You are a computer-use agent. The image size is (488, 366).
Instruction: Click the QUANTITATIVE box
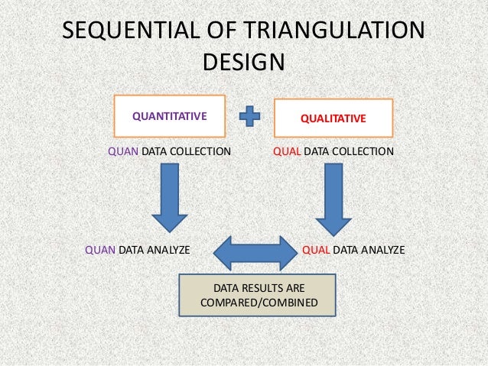pyautogui.click(x=169, y=117)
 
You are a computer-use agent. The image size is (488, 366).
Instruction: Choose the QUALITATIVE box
pyautogui.click(x=333, y=118)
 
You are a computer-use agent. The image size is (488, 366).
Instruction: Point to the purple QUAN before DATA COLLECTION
pyautogui.click(x=123, y=151)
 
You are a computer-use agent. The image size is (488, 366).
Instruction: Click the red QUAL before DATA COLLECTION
pyautogui.click(x=287, y=151)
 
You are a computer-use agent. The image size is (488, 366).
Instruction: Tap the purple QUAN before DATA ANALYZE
pyautogui.click(x=99, y=250)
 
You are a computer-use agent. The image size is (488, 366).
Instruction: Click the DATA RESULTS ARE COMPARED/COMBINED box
pyautogui.click(x=257, y=295)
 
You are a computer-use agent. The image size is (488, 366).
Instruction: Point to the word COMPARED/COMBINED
pyautogui.click(x=257, y=303)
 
